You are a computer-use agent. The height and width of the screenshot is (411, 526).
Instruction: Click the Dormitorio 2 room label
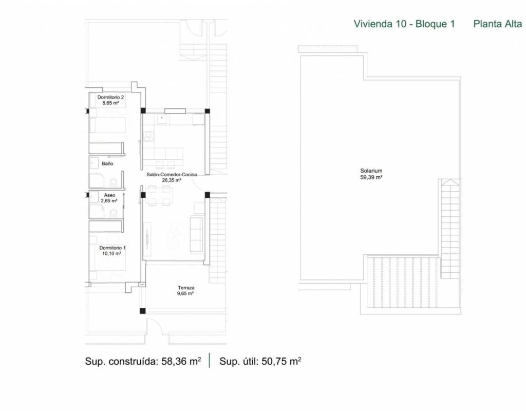pos(111,97)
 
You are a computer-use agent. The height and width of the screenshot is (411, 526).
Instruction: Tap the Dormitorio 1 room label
pos(112,248)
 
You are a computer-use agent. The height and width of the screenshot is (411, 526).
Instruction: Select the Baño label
pos(107,164)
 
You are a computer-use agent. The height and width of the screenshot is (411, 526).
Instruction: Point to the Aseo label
pos(109,195)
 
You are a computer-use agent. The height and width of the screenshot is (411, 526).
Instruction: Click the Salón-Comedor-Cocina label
pos(172,175)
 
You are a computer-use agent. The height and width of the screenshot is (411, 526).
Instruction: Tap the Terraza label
pos(186,288)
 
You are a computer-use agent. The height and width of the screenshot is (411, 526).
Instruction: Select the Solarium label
pos(371,171)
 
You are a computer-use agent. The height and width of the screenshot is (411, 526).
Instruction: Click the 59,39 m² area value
pos(371,177)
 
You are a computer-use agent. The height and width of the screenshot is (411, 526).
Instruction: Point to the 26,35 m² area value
pos(172,180)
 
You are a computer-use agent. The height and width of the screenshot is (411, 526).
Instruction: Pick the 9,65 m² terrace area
pos(185,293)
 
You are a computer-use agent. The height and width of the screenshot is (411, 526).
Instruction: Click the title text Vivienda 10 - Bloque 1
pos(404,24)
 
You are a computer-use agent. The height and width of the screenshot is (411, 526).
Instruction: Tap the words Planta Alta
pos(497,24)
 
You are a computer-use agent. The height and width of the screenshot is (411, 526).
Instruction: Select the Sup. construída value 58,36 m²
pos(181,361)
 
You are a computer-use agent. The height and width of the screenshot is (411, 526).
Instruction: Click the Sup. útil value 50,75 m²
pos(281,361)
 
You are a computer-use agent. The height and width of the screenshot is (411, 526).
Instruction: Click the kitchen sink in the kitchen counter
pos(162,119)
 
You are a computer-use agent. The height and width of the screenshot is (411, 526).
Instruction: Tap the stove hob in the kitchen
pos(148,136)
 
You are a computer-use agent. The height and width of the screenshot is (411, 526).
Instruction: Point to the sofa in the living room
pos(197,234)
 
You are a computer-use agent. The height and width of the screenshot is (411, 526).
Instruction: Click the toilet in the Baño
pos(114,183)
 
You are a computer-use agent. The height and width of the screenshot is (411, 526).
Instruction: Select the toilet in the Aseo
pos(114,213)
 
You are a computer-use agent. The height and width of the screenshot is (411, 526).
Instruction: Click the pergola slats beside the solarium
pos(403,282)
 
